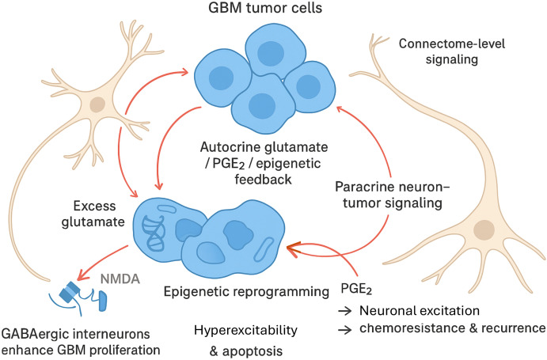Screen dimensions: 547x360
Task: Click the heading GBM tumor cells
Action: coord(265,8)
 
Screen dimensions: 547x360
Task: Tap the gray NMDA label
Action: coord(120,279)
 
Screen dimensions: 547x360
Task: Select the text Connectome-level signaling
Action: coord(452,51)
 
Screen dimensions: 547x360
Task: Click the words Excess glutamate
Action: coord(93,214)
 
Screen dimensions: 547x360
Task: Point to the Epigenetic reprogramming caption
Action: coord(246,292)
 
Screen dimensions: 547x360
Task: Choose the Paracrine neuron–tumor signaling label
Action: coord(393,195)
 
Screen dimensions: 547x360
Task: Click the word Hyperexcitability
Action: coord(245,330)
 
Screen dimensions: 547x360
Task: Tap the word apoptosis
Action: coord(253,351)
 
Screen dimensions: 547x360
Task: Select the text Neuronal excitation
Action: coord(420,310)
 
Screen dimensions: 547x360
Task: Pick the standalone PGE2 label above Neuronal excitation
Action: coord(356,289)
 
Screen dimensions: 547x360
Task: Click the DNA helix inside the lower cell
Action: coord(154,233)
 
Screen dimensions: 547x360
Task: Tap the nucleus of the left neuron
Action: coord(97,104)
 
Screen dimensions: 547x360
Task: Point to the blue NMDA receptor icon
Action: coord(79,297)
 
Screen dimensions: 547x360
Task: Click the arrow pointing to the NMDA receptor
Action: coord(101,263)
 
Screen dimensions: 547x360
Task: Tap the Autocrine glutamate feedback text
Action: coord(264,163)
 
